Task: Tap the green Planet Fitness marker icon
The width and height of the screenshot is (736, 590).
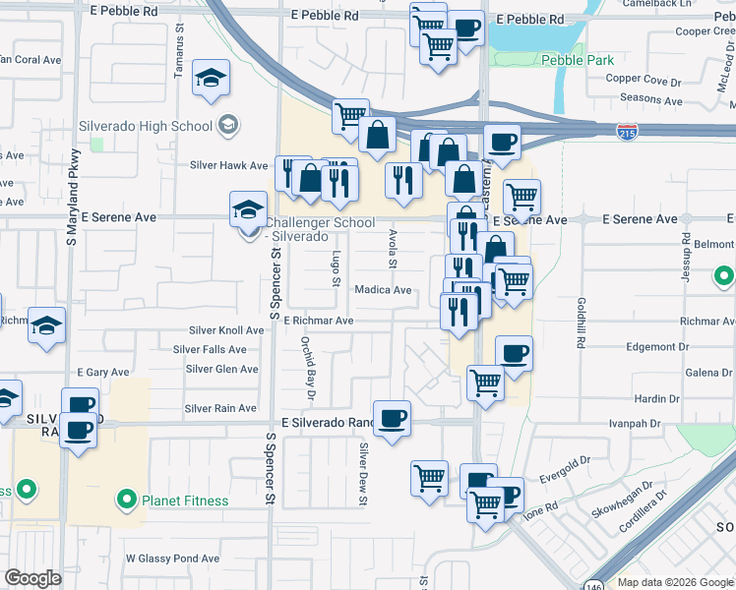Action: pyautogui.click(x=127, y=501)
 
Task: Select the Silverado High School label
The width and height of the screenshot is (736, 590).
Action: pyautogui.click(x=156, y=126)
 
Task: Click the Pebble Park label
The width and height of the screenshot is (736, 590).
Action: pyautogui.click(x=577, y=61)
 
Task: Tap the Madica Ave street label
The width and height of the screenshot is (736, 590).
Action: pyautogui.click(x=383, y=290)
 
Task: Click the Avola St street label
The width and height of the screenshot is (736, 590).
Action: pyautogui.click(x=392, y=250)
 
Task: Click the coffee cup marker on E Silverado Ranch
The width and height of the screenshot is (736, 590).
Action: pyautogui.click(x=392, y=418)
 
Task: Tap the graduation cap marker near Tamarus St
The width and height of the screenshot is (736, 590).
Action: pyautogui.click(x=211, y=78)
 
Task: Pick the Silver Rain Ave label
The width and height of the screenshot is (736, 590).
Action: pyautogui.click(x=220, y=408)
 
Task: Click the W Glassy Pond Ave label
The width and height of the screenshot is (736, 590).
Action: pyautogui.click(x=172, y=559)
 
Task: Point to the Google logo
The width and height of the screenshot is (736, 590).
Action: pyautogui.click(x=33, y=578)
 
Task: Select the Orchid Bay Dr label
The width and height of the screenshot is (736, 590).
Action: pyautogui.click(x=309, y=368)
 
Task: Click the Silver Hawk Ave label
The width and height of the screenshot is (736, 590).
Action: pyautogui.click(x=229, y=166)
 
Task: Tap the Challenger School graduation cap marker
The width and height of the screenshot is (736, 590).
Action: pyautogui.click(x=249, y=208)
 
